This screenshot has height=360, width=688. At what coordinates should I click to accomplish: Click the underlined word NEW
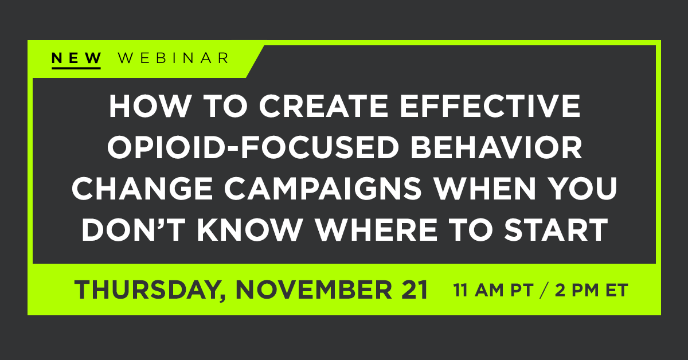pos(76,58)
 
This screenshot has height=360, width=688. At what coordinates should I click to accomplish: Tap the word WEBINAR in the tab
pos(173,58)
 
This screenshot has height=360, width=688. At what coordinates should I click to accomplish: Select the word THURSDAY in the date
pos(143,290)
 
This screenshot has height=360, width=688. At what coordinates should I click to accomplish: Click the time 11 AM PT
pos(487,290)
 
